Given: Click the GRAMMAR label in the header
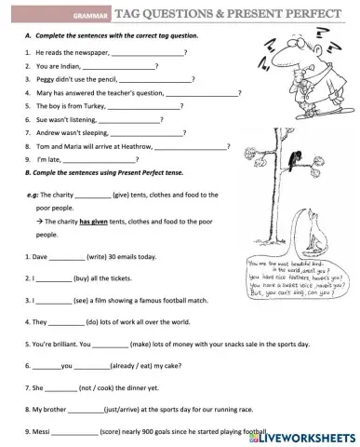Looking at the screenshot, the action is tap(92, 17).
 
